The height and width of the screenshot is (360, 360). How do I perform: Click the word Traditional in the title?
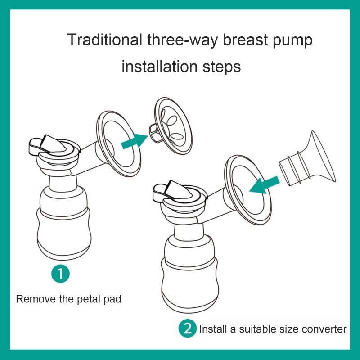click(x=104, y=40)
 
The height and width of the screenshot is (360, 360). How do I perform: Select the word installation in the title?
click(x=160, y=67)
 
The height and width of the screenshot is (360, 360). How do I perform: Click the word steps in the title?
click(x=221, y=67)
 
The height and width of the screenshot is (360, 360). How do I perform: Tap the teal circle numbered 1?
click(x=60, y=274)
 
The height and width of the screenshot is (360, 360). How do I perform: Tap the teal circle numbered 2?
click(x=188, y=328)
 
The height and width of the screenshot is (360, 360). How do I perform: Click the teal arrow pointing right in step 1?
click(x=135, y=141)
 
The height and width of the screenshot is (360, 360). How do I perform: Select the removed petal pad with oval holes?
click(x=171, y=126)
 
